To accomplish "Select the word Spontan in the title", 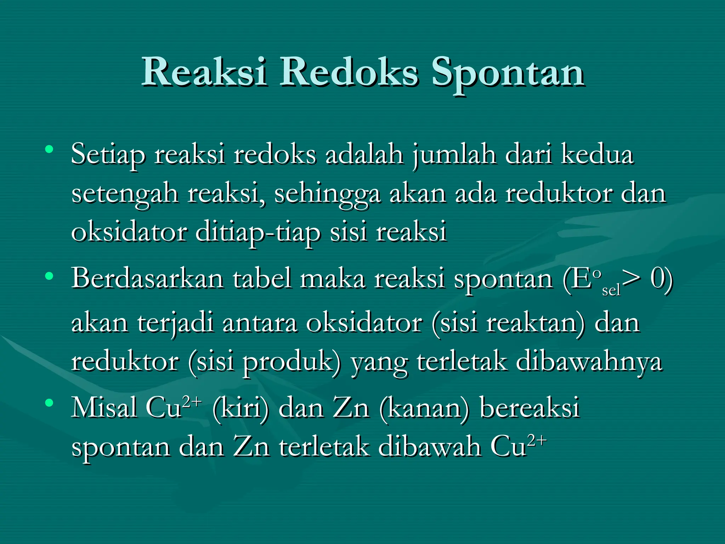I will [508, 74].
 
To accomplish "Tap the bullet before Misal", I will [50, 403].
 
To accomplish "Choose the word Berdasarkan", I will [148, 278].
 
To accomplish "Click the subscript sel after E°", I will [611, 290].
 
